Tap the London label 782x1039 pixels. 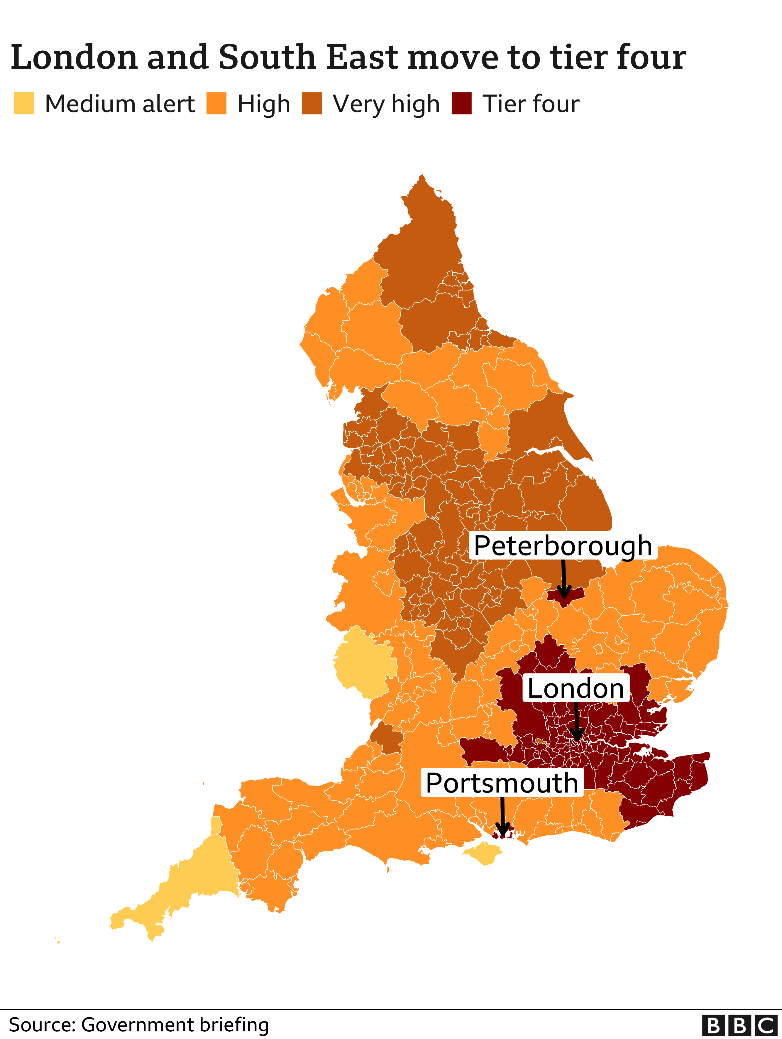click(x=575, y=689)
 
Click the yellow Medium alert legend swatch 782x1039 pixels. click(x=23, y=103)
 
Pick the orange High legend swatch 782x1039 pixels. click(x=216, y=103)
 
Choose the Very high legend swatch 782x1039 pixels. click(x=312, y=103)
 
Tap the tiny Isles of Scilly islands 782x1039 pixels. click(x=57, y=940)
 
